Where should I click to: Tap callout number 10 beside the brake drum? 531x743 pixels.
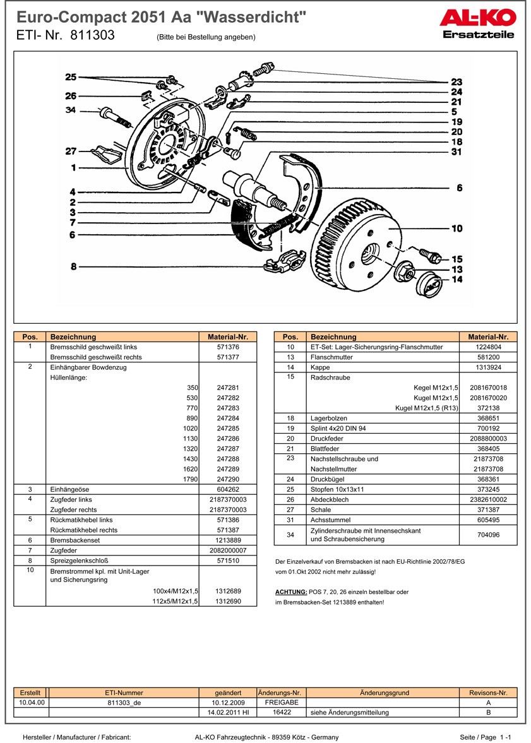[456, 229]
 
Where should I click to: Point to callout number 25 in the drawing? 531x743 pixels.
[71, 77]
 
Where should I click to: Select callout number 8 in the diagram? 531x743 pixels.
[74, 266]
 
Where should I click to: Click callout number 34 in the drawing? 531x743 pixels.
[71, 110]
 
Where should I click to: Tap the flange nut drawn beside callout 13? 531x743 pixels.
[404, 273]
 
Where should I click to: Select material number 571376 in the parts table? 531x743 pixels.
[228, 347]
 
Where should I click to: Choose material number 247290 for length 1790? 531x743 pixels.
[228, 479]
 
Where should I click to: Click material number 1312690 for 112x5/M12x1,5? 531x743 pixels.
[228, 602]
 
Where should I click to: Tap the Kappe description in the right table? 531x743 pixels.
[321, 367]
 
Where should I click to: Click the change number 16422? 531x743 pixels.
[282, 712]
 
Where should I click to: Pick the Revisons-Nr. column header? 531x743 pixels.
[488, 692]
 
